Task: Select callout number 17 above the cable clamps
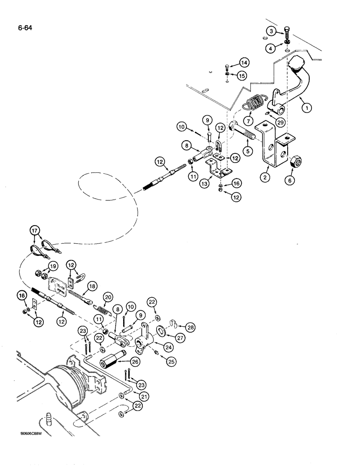click(x=35, y=229)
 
